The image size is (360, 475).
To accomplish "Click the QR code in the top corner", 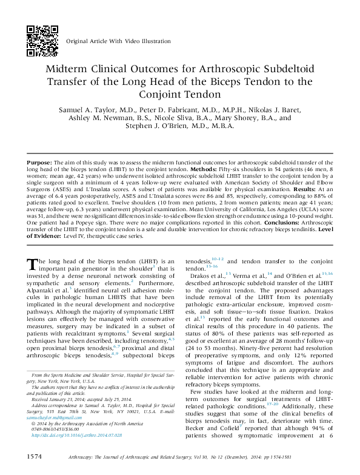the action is [x=42, y=41].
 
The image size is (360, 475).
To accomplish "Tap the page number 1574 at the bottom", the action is [x=34, y=457].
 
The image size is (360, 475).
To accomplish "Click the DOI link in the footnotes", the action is [x=77, y=436].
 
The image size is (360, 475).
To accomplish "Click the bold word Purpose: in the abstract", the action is [x=39, y=163].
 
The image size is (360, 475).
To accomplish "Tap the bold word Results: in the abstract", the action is [x=304, y=189].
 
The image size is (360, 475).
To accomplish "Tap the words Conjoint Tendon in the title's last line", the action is [x=180, y=94].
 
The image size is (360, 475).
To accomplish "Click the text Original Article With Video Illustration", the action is [x=118, y=41].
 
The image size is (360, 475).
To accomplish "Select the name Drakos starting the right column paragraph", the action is [x=200, y=276].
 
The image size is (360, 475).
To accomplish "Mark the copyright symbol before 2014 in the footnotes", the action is [x=33, y=423].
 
